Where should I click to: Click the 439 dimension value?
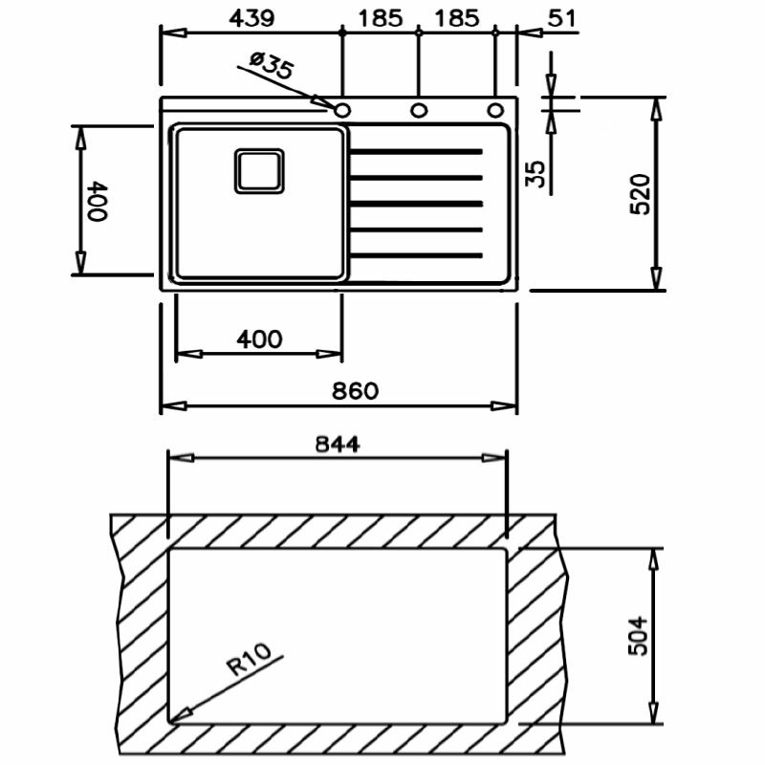251,18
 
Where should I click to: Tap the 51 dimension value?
562,18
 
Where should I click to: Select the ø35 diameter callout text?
272,66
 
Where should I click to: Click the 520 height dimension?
640,194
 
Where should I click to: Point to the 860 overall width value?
355,391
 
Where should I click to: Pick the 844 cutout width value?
338,444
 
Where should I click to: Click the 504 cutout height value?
638,635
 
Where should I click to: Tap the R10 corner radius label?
250,659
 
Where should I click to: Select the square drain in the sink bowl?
259,171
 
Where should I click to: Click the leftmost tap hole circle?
342,111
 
